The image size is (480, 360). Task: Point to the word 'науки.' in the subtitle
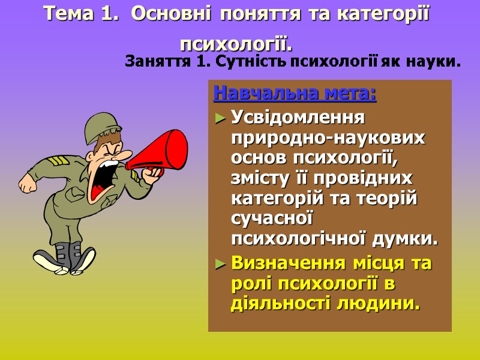click(x=437, y=61)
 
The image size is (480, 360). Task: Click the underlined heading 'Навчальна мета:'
click(x=295, y=94)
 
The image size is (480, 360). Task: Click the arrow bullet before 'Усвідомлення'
click(x=220, y=117)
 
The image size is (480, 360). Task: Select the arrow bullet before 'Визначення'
click(x=220, y=263)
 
